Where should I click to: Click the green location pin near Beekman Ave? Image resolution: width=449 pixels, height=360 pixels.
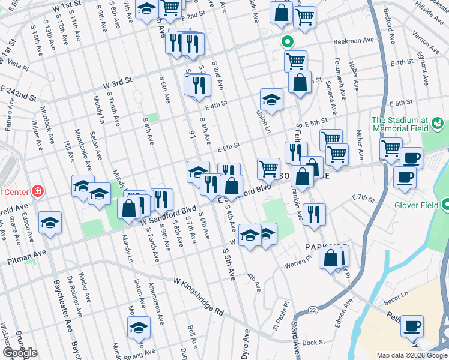(287, 42)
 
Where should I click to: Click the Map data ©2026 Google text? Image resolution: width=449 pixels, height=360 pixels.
(412, 355)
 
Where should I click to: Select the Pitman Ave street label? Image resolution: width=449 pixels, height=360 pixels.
(27, 258)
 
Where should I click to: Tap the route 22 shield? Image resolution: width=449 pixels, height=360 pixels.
(313, 310)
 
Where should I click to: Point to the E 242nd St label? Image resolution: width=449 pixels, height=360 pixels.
(18, 93)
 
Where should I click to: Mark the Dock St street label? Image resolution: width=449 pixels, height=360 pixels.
(313, 343)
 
